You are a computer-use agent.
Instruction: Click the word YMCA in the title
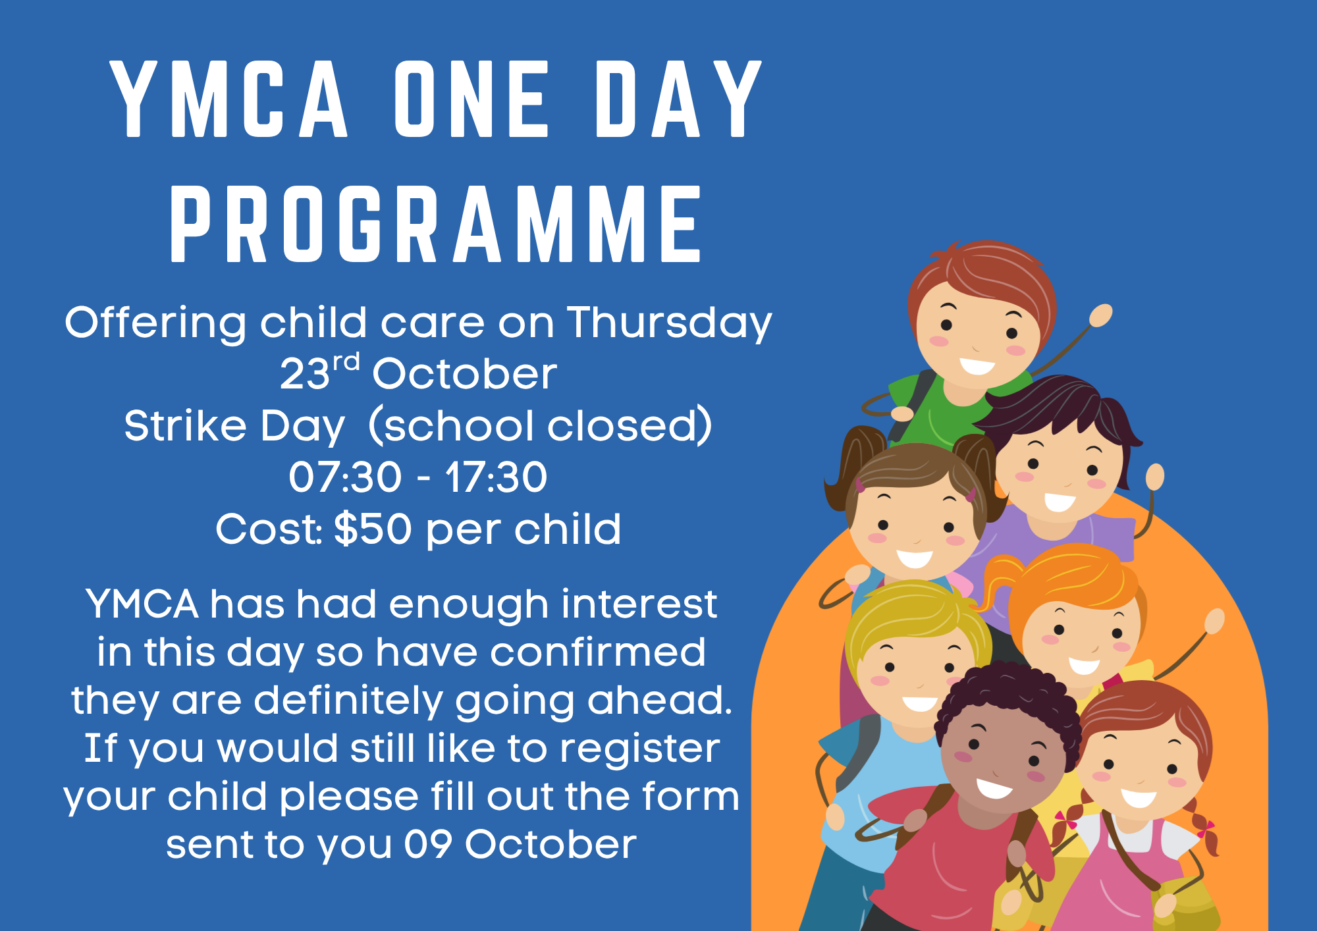229,99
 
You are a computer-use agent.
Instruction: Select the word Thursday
670,324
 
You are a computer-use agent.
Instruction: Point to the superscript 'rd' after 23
346,362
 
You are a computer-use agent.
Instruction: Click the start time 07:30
345,477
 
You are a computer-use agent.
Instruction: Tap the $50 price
373,529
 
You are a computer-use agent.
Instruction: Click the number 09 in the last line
428,845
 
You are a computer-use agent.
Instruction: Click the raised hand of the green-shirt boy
1100,315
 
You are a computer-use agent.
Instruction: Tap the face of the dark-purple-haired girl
1059,471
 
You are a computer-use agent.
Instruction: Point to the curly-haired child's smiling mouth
994,787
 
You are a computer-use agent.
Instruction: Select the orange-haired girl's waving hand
1214,622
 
